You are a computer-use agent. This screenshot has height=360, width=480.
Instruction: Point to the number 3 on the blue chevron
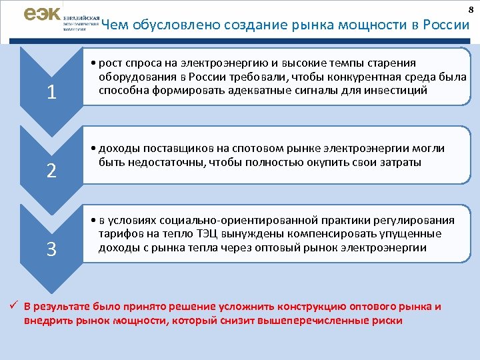(x=51, y=249)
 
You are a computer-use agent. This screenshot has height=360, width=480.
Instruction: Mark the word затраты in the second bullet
(x=399, y=162)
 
